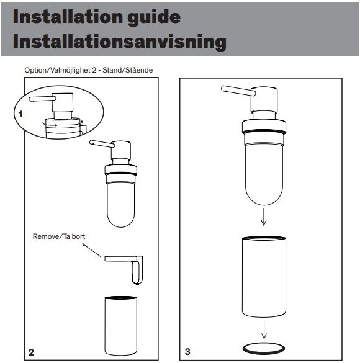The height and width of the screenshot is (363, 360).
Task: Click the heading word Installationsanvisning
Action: click(119, 42)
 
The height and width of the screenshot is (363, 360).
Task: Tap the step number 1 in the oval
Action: click(20, 114)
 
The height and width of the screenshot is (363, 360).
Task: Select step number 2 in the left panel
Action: click(31, 352)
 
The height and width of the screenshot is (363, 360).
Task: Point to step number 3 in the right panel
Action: click(187, 351)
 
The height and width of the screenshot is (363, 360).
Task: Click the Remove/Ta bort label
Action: click(59, 236)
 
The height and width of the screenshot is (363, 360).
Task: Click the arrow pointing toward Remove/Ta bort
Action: click(91, 250)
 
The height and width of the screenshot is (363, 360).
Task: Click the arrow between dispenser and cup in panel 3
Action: click(263, 217)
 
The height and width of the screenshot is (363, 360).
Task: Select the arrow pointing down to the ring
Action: click(264, 330)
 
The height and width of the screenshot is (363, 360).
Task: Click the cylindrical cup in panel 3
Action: click(264, 276)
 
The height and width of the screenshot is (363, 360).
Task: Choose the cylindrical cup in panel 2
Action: click(120, 326)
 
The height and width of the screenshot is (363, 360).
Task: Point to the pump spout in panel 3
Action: click(238, 91)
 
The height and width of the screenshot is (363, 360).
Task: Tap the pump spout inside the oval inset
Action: click(42, 99)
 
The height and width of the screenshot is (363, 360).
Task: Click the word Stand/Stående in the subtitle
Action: click(128, 70)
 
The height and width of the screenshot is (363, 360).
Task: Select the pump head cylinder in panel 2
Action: click(121, 150)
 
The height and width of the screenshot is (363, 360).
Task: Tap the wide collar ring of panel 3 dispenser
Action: click(264, 127)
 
